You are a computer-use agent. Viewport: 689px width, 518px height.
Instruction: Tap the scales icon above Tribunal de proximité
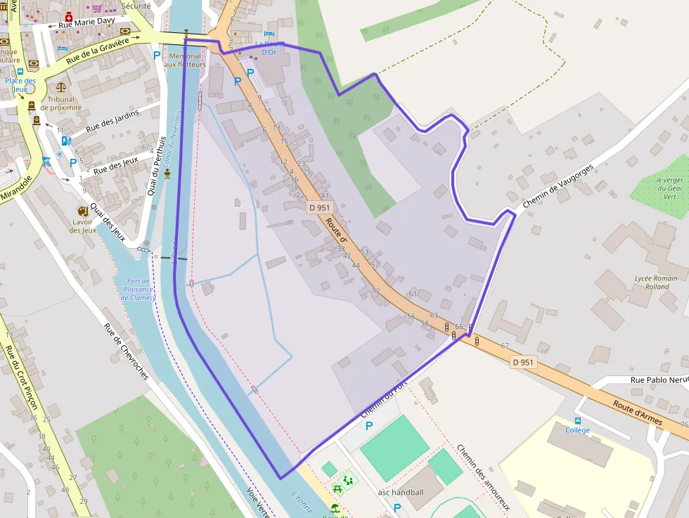click(x=60, y=88)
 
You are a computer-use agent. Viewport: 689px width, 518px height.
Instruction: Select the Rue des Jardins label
click(x=112, y=121)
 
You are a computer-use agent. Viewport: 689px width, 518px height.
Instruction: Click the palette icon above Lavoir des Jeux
click(x=83, y=212)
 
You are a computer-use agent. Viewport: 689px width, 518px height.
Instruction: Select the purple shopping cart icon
click(x=97, y=8)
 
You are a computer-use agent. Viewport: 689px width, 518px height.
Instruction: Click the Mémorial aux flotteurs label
click(x=185, y=60)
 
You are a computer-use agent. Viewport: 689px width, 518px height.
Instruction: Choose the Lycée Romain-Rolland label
click(x=657, y=283)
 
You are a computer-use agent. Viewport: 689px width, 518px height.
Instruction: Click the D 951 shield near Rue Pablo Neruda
click(x=524, y=362)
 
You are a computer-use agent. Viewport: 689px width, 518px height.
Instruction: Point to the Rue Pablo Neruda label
click(x=659, y=380)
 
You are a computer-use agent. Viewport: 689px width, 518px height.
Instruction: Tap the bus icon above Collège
click(x=578, y=420)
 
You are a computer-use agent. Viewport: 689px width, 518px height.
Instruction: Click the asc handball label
click(x=401, y=492)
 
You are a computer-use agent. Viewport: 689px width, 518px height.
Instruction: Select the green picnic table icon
click(x=337, y=487)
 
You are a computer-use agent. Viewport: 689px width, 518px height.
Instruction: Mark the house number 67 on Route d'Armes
click(x=504, y=346)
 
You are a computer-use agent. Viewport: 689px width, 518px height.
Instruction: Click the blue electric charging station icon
click(x=66, y=141)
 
